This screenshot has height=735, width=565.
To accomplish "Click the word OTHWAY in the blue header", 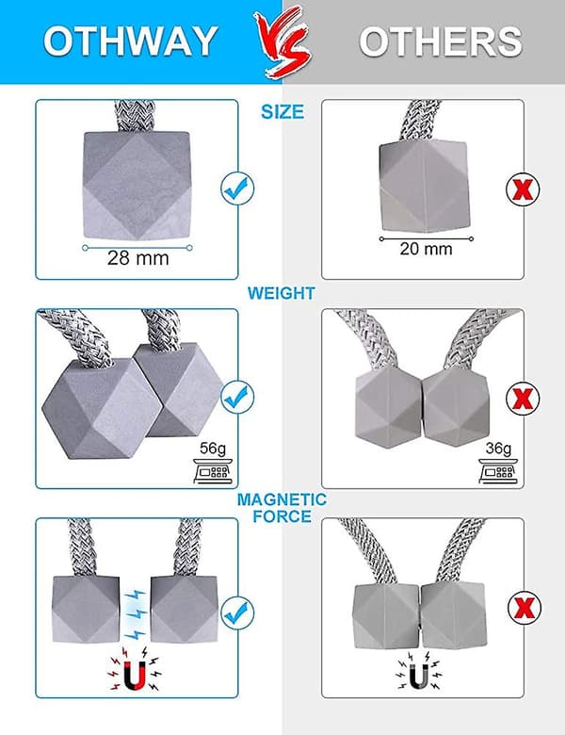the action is (131, 41).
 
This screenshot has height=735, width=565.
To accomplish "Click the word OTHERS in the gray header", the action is (441, 41).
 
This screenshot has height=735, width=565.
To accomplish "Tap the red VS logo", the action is (282, 43).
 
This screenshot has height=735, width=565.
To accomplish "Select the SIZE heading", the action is (282, 111).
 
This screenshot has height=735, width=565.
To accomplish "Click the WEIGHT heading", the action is (282, 293).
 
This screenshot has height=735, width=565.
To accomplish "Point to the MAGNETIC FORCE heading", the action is (282, 508).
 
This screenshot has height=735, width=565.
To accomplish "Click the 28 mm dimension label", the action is (137, 258).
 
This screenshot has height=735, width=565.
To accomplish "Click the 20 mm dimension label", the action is (426, 249).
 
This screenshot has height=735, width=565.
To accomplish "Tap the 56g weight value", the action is (213, 449).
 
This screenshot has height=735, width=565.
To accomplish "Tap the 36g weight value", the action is (498, 449).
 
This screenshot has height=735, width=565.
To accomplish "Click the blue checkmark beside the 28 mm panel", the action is (237, 188).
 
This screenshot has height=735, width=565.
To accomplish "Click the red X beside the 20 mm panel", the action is (523, 189).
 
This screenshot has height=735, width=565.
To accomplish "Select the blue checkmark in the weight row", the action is (237, 398).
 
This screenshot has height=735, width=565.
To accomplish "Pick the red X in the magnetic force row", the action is (525, 608).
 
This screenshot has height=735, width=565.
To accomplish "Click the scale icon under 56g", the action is (213, 471).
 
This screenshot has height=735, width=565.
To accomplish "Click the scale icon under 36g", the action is (498, 470).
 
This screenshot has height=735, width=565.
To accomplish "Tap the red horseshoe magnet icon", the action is (136, 670).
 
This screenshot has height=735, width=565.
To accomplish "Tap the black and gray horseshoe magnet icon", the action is (419, 670).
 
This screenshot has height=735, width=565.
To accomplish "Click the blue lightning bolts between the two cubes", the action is (135, 614).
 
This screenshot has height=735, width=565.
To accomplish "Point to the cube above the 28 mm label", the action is (137, 186).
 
